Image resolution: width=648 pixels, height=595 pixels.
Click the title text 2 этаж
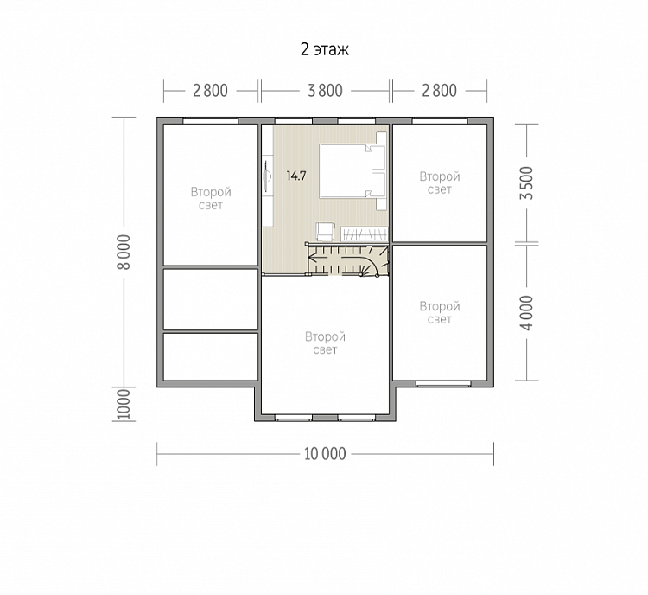coord(324,49)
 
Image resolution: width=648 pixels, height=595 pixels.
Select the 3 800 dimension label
coord(325,91)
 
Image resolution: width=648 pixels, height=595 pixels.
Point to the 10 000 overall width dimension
coord(325,454)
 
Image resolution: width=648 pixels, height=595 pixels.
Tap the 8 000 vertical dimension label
coord(124,252)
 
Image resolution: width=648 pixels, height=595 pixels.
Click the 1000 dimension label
coord(124,404)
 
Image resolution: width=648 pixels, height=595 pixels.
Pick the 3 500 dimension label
coord(527,183)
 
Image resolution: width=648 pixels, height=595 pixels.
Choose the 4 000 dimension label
coord(527,313)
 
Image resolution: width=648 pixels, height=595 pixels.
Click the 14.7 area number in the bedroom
coord(296,176)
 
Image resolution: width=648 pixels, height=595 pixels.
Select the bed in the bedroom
coord(353,170)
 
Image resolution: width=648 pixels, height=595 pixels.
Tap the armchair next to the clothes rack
coord(324,232)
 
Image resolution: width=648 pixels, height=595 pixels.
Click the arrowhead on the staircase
coord(313,259)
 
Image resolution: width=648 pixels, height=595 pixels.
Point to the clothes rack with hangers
coord(364,234)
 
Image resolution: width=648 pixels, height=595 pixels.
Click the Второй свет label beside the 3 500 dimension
coord(440,182)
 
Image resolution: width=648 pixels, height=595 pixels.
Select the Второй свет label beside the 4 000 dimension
coord(440,313)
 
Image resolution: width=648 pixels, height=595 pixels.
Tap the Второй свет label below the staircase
coord(325,343)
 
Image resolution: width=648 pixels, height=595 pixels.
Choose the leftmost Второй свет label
coord(211,198)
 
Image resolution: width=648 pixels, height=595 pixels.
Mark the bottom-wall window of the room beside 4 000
coord(443,384)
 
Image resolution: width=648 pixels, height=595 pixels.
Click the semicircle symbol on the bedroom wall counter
coord(268,176)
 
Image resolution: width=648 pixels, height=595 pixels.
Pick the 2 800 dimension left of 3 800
coord(210,91)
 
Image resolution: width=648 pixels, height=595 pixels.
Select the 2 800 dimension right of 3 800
coord(439,91)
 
